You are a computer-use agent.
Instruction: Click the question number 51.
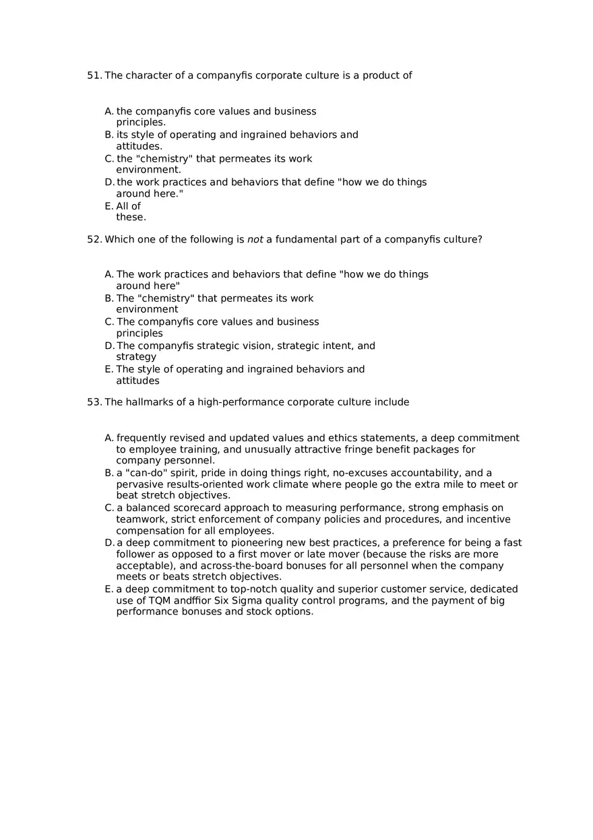[94, 75]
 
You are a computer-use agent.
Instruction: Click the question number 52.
[94, 239]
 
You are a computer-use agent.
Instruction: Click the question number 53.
[94, 402]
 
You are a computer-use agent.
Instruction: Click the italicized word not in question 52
[255, 239]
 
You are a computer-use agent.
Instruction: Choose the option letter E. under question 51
[109, 206]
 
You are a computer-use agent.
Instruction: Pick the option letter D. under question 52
[109, 346]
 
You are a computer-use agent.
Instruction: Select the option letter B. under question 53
[109, 473]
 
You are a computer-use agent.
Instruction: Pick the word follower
[139, 554]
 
